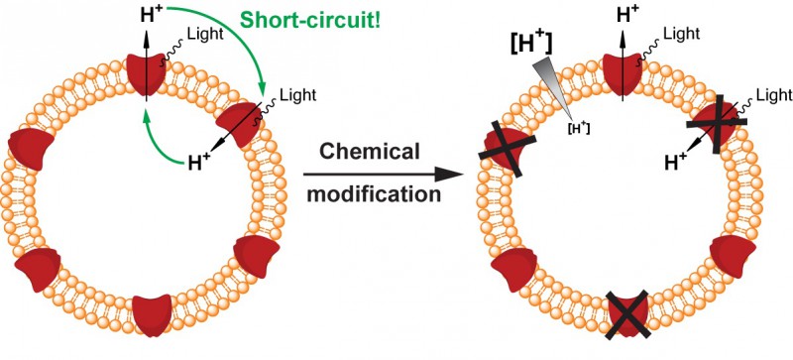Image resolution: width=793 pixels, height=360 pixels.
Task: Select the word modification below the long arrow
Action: pos(374,195)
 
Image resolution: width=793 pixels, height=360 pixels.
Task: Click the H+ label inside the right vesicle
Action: pos(676,161)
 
